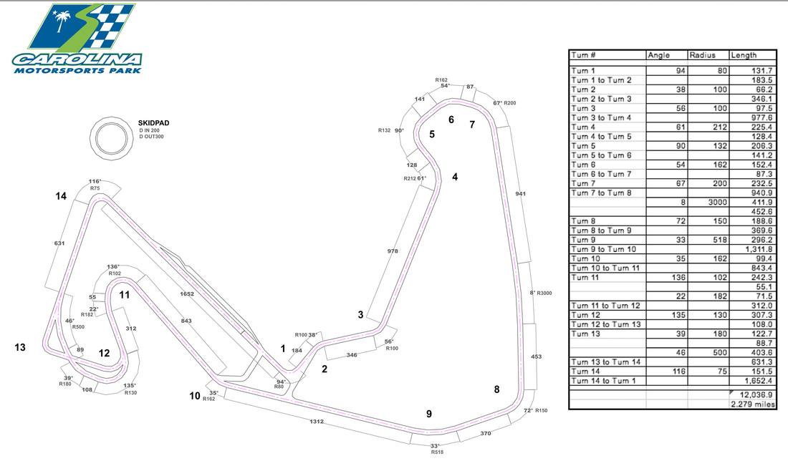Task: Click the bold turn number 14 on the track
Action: pos(62,196)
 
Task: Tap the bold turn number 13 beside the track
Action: pos(20,347)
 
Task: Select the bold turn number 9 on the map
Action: pos(429,413)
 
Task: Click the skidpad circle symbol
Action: pos(111,135)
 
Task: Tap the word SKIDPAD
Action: pos(152,123)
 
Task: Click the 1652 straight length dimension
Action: pos(187,294)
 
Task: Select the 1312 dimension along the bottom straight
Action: pos(317,422)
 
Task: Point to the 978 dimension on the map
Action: pos(392,251)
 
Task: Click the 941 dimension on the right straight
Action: pos(520,193)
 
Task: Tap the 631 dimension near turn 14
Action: pos(59,243)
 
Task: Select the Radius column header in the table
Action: pos(702,55)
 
